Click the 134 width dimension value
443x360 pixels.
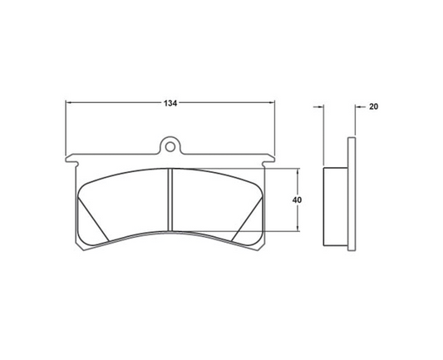(x=170, y=104)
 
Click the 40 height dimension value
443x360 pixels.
(x=297, y=200)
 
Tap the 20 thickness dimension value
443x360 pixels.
(x=372, y=106)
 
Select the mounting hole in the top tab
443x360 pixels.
(x=170, y=147)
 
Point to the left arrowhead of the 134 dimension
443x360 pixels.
(x=70, y=104)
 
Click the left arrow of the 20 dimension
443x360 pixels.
(x=318, y=106)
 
